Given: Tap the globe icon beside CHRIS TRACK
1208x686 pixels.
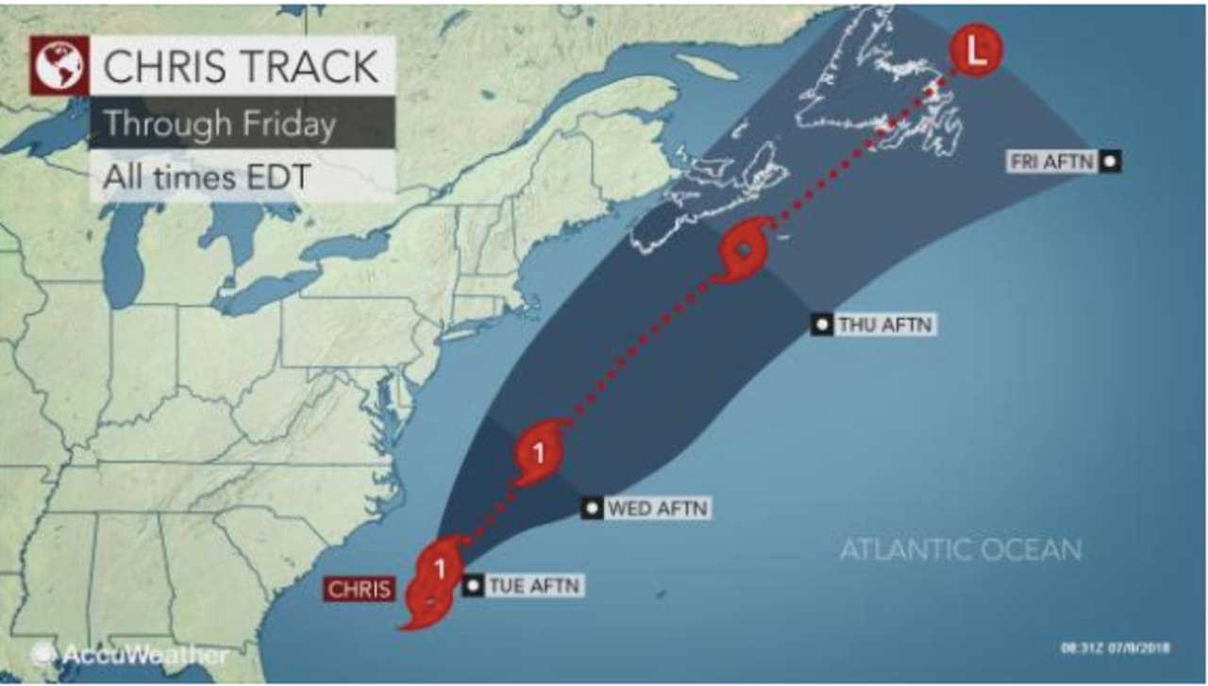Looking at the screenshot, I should click(59, 66).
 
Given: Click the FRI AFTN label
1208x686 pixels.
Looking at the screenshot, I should click(1052, 162).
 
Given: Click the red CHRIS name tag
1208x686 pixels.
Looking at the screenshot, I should click(360, 590).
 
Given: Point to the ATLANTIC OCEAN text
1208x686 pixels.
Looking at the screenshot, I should click(960, 549).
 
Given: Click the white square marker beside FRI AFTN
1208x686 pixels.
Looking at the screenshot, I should click(1112, 162).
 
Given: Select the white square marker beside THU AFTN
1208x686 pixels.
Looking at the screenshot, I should click(822, 326).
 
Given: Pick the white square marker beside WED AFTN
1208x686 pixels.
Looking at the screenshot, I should click(592, 510).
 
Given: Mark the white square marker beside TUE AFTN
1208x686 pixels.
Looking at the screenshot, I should click(472, 586).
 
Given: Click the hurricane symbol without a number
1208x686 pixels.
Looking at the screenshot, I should click(744, 250).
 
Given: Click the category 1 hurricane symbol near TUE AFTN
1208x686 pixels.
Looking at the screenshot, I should click(438, 568).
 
